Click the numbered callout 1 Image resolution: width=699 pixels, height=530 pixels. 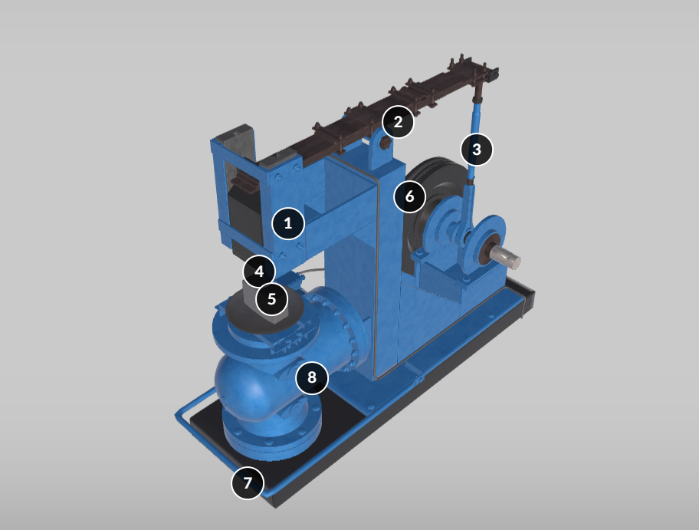[x=288, y=223]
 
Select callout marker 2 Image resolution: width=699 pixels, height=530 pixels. [x=398, y=122]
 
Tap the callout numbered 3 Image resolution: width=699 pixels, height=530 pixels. [x=477, y=150]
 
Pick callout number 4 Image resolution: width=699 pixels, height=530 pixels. [x=259, y=272]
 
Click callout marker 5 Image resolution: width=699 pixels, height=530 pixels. [x=271, y=299]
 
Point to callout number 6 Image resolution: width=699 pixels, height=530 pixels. [x=410, y=196]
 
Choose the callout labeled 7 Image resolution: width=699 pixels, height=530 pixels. [x=248, y=482]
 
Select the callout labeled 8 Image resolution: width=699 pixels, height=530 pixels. [x=312, y=377]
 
